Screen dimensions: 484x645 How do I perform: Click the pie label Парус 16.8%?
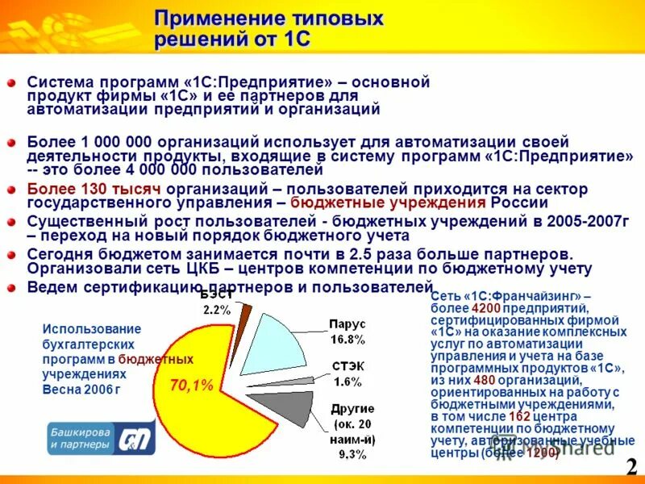347,331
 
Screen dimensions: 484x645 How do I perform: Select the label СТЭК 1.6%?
347,373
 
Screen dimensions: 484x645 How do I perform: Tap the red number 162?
497,417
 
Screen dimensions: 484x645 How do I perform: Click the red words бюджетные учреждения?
388,202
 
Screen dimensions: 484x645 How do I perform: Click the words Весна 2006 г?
80,388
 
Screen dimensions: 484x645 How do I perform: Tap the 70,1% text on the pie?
191,386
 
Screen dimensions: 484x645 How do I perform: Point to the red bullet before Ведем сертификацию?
11,287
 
